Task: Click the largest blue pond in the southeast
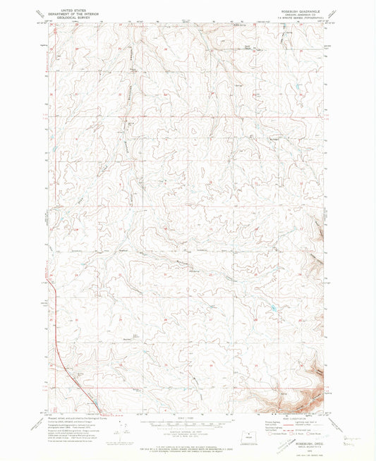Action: [x=272, y=309]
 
